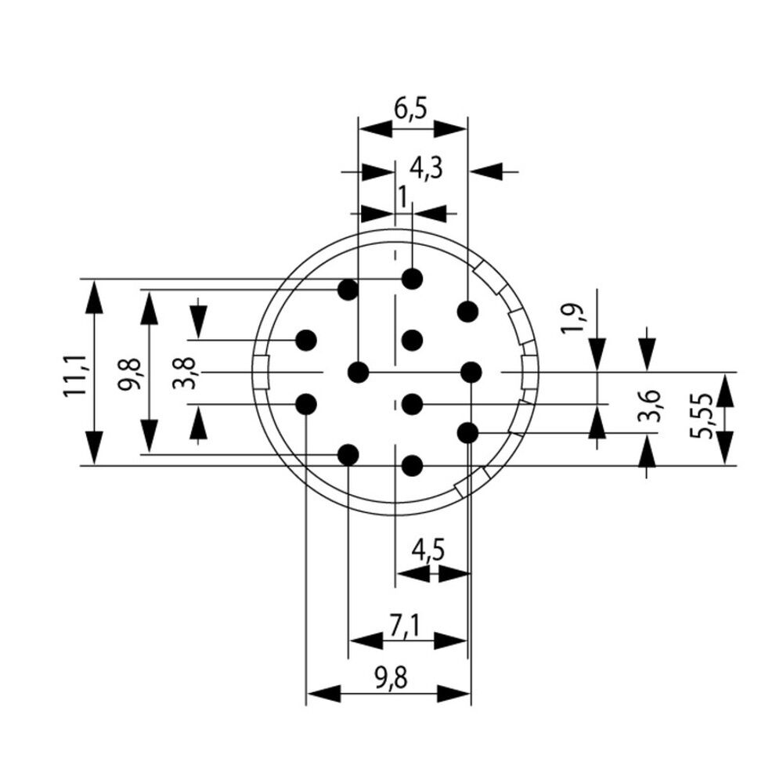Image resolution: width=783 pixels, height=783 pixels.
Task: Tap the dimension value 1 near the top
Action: (402, 197)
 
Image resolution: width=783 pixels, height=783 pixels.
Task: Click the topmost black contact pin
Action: (413, 278)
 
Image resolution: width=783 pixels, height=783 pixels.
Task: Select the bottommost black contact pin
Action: (413, 467)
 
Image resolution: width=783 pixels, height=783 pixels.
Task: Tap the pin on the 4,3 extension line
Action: (467, 312)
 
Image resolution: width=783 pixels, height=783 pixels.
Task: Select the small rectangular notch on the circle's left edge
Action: (261, 372)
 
